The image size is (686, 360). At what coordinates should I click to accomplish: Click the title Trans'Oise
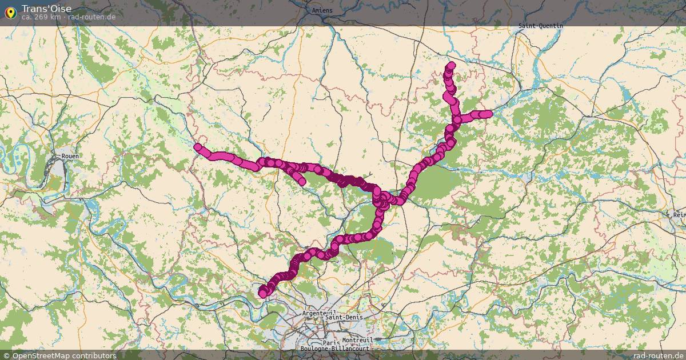click(x=47, y=9)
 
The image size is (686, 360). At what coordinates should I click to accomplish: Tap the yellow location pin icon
click(x=10, y=12)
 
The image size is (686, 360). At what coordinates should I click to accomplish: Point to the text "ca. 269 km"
click(x=41, y=17)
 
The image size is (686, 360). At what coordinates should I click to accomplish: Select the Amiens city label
click(x=322, y=11)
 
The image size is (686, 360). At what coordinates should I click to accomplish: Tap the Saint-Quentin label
click(x=540, y=26)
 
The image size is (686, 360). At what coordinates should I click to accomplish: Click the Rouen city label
click(x=70, y=156)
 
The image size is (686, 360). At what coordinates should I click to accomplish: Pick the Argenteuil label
click(x=318, y=314)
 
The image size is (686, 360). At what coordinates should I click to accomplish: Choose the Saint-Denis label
click(x=344, y=317)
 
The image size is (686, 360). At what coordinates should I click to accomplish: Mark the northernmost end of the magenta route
click(x=451, y=66)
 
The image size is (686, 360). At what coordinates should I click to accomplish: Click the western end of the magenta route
click(x=198, y=147)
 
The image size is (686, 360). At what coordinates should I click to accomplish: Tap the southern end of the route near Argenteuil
click(x=263, y=294)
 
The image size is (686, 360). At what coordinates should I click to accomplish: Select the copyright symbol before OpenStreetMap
click(x=6, y=355)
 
